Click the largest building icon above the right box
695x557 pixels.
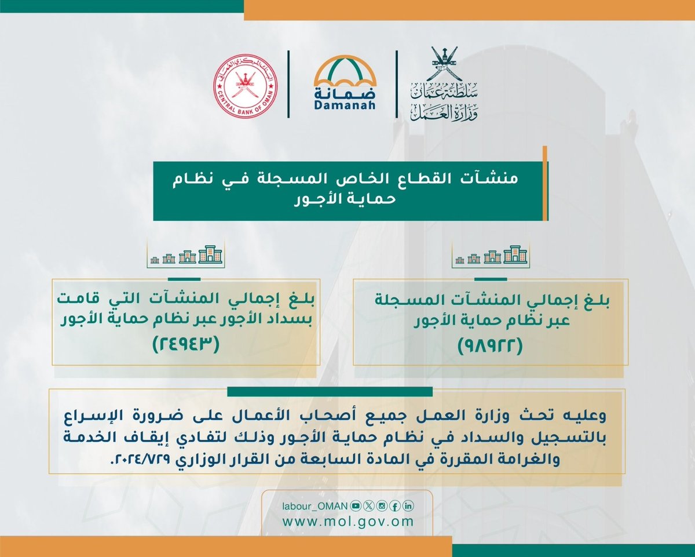pyautogui.click(x=515, y=254)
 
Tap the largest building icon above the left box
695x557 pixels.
pyautogui.click(x=210, y=254)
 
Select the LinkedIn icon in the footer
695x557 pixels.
pyautogui.click(x=408, y=506)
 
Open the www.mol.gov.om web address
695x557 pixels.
pyautogui.click(x=348, y=521)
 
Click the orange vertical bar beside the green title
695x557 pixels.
pyautogui.click(x=545, y=183)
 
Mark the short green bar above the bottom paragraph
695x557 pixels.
pyautogui.click(x=330, y=392)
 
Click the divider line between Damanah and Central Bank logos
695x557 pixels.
pyautogui.click(x=288, y=84)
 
